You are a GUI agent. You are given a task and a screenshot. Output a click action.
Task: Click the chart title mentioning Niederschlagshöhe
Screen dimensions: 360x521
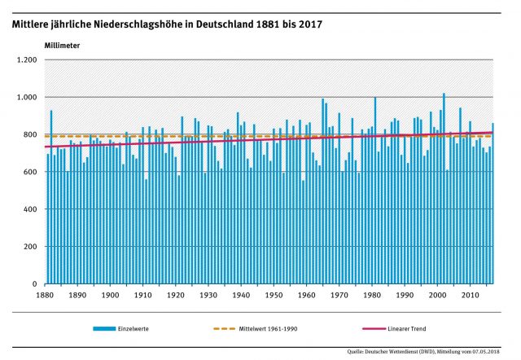point(166,24)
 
